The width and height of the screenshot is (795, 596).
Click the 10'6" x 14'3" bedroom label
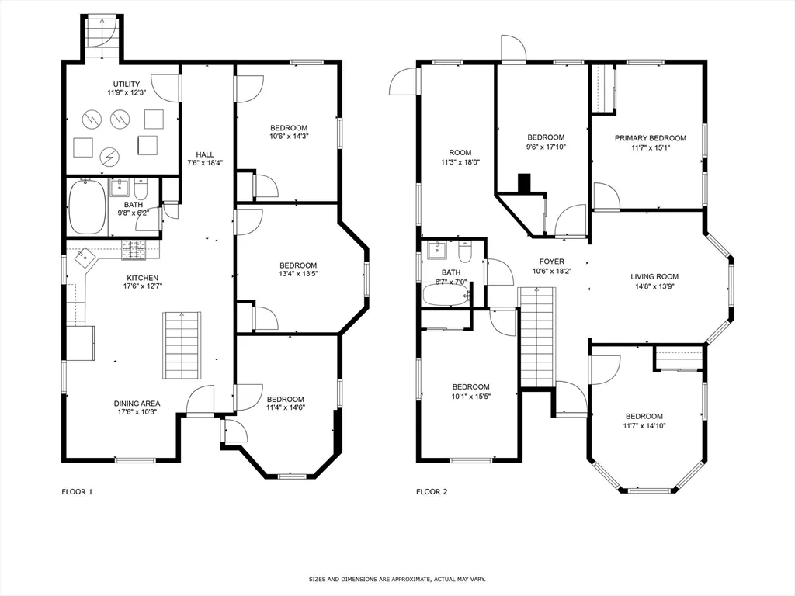point(289,133)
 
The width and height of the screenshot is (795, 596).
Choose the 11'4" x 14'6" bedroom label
point(285,404)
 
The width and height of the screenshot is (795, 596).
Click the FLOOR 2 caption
point(432,491)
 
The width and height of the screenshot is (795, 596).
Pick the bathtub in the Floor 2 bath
point(445,295)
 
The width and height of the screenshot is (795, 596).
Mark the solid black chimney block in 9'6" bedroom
point(525,183)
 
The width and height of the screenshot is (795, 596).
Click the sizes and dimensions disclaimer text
point(397,579)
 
